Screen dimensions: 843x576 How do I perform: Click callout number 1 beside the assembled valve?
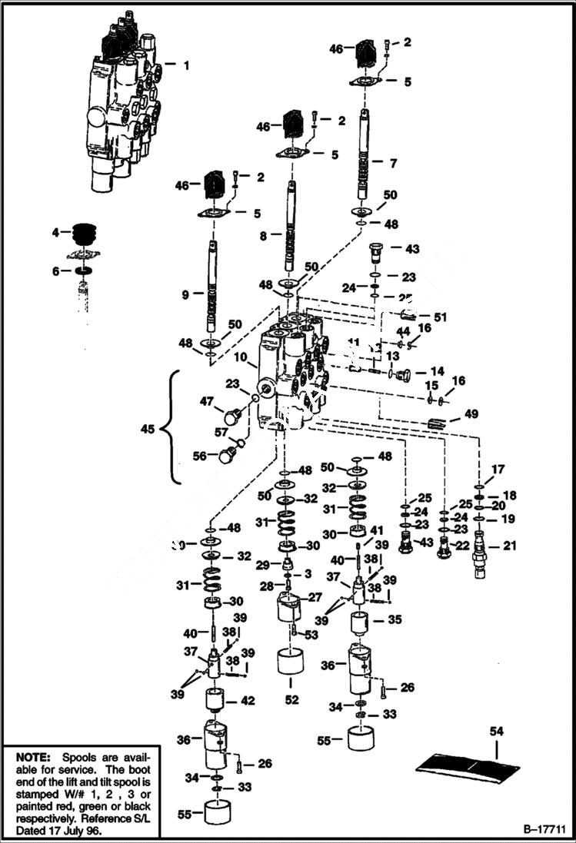185,65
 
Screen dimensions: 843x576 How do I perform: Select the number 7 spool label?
394,163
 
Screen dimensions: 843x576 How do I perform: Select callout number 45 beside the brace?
148,427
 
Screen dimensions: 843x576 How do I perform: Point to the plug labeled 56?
227,455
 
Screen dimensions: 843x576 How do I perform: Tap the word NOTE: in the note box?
33,756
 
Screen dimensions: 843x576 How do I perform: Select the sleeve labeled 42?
216,702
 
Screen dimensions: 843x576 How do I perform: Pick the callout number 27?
315,597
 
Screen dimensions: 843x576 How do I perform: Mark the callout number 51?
440,316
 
